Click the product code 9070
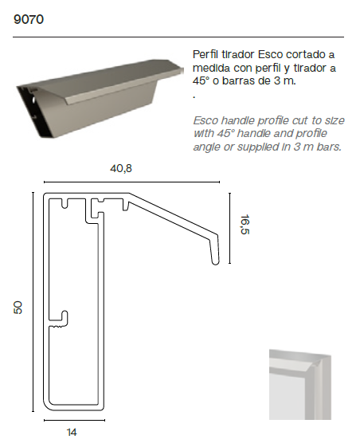click(29, 19)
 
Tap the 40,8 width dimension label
click(121, 168)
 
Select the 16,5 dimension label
click(245, 225)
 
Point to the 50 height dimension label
click(18, 308)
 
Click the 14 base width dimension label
click(72, 432)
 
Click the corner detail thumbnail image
click(300, 384)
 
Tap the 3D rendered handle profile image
click(100, 98)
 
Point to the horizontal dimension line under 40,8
click(131, 182)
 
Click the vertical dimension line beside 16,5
click(229, 228)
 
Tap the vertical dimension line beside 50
click(33, 302)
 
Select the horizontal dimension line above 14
click(74, 420)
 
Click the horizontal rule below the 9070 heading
click(178, 37)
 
